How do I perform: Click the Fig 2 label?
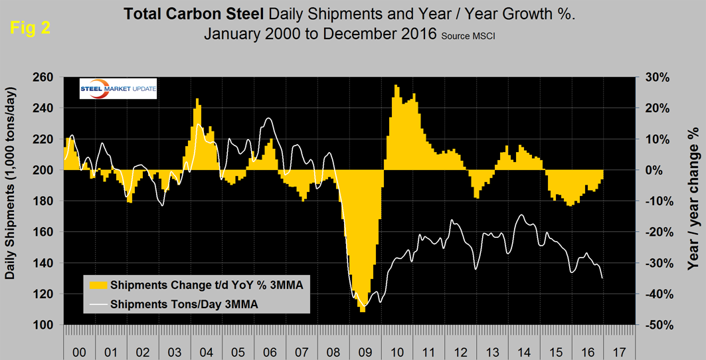[x=30, y=29]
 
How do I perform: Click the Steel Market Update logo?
[x=118, y=90]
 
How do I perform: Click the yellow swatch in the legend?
[x=98, y=285]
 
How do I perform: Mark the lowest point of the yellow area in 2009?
[x=362, y=312]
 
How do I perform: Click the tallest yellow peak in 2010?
[x=396, y=85]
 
